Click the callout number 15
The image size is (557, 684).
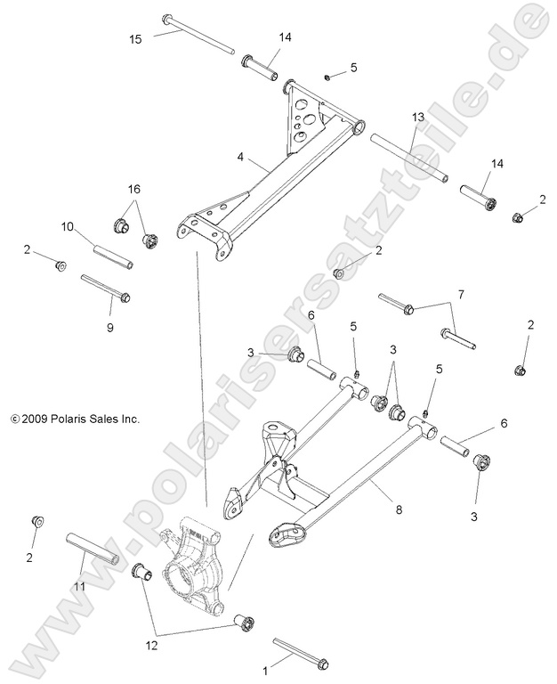pyautogui.click(x=135, y=38)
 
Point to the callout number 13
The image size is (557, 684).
pyautogui.click(x=417, y=118)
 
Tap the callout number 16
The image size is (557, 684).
pyautogui.click(x=133, y=190)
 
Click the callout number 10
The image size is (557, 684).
pyautogui.click(x=66, y=228)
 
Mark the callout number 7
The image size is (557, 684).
pyautogui.click(x=460, y=293)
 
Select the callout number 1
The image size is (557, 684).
pyautogui.click(x=262, y=665)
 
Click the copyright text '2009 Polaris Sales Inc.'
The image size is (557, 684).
pyautogui.click(x=75, y=417)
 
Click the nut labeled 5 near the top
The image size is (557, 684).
pyautogui.click(x=327, y=77)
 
